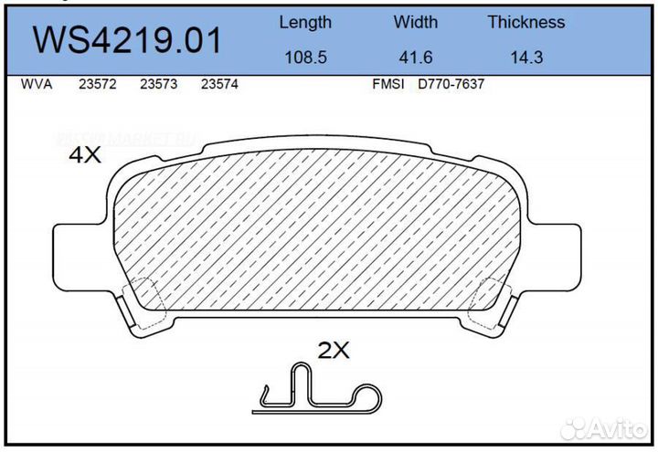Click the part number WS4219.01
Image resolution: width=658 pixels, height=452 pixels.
point(127,41)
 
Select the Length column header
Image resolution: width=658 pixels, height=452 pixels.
point(305,23)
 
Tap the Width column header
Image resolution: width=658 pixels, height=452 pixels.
point(416,23)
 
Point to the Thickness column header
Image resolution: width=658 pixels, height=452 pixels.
point(525,23)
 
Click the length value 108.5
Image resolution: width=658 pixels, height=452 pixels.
point(305,57)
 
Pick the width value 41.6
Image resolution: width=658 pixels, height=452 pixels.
point(416,57)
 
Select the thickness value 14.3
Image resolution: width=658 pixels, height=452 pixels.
point(525,57)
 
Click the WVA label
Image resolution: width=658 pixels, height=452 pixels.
point(36,84)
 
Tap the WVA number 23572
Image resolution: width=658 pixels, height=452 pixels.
point(97,84)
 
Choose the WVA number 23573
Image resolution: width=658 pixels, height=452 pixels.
point(158,84)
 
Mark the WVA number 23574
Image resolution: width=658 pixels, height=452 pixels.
point(219,84)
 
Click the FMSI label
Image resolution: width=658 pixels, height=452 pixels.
point(388,84)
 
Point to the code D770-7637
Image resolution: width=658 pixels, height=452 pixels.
point(451,84)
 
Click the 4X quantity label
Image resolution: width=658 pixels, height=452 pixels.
point(85,156)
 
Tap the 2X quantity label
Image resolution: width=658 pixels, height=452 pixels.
point(334,349)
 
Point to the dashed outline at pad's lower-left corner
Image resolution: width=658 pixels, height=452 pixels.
point(144,297)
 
